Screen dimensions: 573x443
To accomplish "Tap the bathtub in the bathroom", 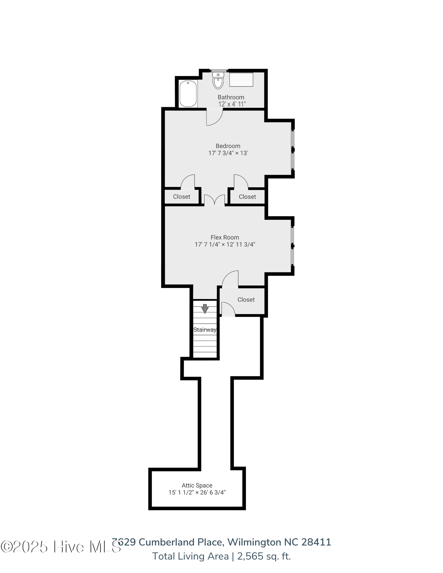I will click(x=188, y=94).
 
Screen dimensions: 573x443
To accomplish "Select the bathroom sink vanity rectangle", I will click(x=241, y=79).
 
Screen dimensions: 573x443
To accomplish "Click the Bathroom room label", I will click(x=231, y=97).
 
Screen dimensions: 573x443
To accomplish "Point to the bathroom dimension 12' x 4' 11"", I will click(x=232, y=104).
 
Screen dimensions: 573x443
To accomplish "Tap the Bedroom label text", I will click(x=228, y=146).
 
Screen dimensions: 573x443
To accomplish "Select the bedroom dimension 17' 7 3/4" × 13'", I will click(x=228, y=153).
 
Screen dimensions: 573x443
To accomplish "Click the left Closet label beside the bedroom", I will click(x=182, y=197).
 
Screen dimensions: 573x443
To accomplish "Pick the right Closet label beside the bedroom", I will click(x=247, y=197).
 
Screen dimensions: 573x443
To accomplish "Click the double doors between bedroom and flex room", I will click(x=214, y=200).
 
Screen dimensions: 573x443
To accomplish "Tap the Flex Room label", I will click(x=225, y=237).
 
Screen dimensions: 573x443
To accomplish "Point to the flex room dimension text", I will click(x=225, y=244).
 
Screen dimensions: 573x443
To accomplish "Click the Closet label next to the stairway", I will click(x=246, y=299).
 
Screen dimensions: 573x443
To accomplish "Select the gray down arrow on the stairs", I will click(x=205, y=309).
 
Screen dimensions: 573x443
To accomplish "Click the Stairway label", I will click(x=205, y=330).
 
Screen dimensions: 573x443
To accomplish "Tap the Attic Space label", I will click(x=197, y=485).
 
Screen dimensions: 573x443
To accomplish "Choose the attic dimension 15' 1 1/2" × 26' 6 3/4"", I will click(x=197, y=492).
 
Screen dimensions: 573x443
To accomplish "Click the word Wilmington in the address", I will click(x=254, y=542).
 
